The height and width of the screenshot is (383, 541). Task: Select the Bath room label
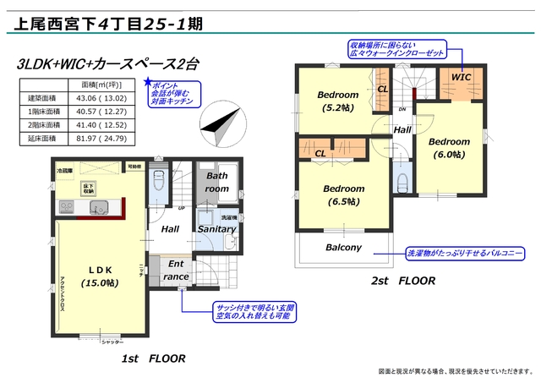[x=217, y=183]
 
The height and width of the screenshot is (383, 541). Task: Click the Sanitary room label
[x=216, y=229]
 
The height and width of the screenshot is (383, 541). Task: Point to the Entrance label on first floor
[x=176, y=271]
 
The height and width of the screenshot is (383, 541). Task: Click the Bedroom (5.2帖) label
[x=338, y=101]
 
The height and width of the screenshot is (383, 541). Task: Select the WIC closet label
[x=462, y=77]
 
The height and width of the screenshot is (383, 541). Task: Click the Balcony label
[x=343, y=248]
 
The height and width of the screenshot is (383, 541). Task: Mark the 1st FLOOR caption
[x=154, y=358]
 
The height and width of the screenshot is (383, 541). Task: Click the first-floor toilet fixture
[x=158, y=182]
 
